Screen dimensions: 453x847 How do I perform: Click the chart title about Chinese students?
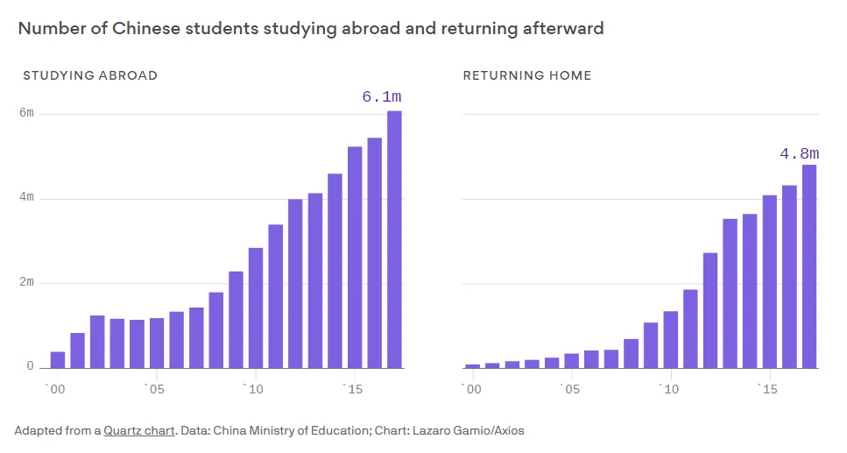click(x=311, y=28)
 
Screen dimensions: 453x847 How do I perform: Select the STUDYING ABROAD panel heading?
click(x=90, y=75)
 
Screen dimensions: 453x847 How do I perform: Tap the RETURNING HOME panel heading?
click(x=526, y=75)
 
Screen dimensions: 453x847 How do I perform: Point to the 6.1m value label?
click(x=382, y=97)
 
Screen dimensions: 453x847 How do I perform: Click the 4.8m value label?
click(x=799, y=154)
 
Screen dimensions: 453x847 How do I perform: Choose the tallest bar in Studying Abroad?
click(x=394, y=238)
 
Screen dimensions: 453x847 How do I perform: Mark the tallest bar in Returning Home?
click(x=809, y=266)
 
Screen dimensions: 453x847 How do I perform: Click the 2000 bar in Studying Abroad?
click(x=58, y=359)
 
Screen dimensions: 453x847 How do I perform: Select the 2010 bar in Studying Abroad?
click(x=256, y=308)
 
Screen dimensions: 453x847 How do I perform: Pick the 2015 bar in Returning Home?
click(x=770, y=281)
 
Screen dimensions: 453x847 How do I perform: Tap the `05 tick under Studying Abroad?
click(x=155, y=389)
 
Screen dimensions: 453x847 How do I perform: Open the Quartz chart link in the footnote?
click(x=139, y=431)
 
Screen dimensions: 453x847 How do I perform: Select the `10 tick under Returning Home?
click(x=669, y=389)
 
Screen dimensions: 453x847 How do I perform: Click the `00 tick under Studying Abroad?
click(x=55, y=389)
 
